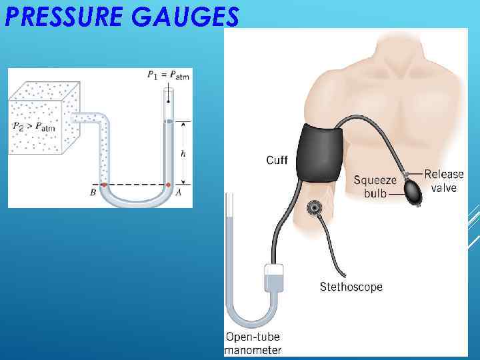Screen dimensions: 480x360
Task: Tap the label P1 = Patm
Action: tap(168, 75)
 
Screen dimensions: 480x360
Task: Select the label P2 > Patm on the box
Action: tap(34, 126)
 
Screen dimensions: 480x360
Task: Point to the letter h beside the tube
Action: tap(183, 153)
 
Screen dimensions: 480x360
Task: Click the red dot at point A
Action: tap(168, 185)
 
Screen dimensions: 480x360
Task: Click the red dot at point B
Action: tap(103, 185)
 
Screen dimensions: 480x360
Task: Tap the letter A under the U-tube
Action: tap(178, 193)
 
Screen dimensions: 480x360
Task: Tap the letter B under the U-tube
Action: tap(93, 193)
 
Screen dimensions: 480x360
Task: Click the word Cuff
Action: tap(277, 160)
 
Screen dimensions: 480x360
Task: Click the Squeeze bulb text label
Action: tap(375, 186)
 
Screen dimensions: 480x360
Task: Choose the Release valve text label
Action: tap(444, 181)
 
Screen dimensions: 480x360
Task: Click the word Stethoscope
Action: tap(351, 287)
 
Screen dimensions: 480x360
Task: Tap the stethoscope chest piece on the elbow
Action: tap(314, 209)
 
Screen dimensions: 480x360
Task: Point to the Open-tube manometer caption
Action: tap(253, 343)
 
